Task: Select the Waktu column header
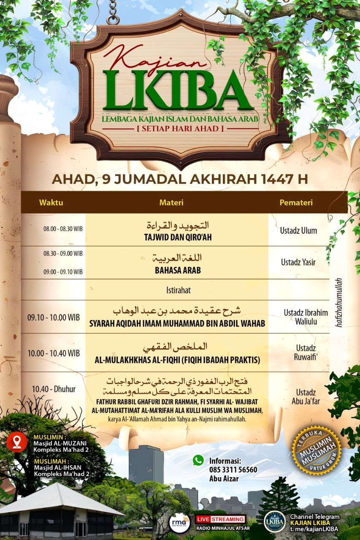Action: [51, 202]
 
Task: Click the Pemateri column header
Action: [296, 202]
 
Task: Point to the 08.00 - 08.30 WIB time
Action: [63, 229]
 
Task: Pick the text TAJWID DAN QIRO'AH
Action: [177, 238]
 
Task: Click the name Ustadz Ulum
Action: [298, 231]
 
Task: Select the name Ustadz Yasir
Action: [298, 262]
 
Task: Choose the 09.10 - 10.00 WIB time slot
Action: [54, 317]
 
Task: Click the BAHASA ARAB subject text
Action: [177, 270]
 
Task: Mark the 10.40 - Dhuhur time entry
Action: [54, 389]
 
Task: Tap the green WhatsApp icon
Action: [198, 460]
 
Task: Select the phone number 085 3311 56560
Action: [233, 470]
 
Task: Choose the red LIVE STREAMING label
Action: [220, 519]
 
